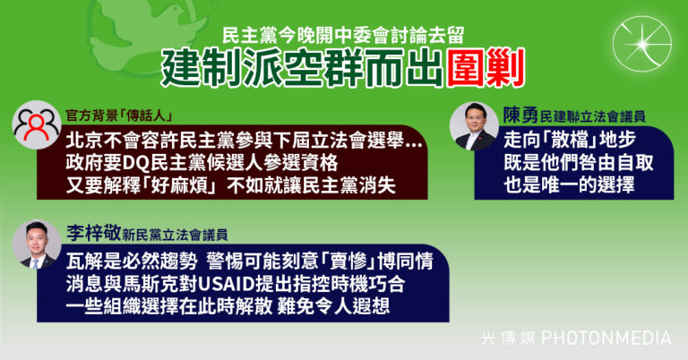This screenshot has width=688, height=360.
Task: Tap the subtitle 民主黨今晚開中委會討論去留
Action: point(343,36)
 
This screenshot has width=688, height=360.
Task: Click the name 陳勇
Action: point(520,115)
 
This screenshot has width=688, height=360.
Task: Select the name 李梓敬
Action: point(93,233)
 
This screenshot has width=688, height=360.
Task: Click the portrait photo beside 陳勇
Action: point(474,126)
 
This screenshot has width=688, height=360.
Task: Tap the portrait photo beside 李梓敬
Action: point(37,244)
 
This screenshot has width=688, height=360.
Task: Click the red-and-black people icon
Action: point(37,125)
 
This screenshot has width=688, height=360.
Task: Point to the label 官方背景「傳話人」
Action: point(118,116)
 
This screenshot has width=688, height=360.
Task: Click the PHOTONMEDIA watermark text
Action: point(606,339)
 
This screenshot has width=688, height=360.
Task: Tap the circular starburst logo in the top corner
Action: point(642,44)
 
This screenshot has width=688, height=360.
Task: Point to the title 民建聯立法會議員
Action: point(593,116)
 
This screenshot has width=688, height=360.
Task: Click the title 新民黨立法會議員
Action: point(175,235)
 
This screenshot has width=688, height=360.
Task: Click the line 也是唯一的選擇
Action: point(569,185)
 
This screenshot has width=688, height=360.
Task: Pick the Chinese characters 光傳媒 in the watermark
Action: point(508,339)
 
